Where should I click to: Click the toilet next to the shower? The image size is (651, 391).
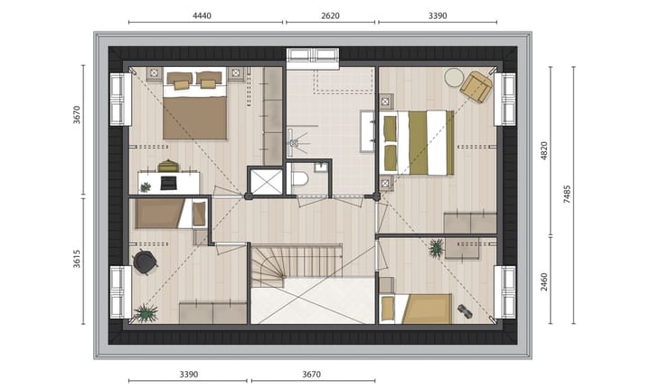pos(300,179)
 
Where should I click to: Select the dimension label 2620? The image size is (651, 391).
pos(330,14)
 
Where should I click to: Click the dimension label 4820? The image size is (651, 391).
pos(543,150)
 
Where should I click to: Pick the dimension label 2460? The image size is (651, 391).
pos(543,281)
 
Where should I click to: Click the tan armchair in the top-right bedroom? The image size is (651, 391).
pos(476,86)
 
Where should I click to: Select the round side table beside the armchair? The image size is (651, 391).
pos(453,78)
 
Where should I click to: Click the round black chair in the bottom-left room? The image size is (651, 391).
pos(145,262)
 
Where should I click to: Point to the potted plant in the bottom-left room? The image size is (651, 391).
pos(145,313)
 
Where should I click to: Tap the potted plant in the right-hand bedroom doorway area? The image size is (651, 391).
pos(437,247)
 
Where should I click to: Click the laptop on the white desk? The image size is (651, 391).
pos(168,183)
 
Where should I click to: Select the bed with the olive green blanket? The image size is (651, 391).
pos(417,142)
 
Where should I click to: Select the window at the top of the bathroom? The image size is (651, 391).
pos(313,56)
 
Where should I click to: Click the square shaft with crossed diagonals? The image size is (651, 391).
pos(267,181)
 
